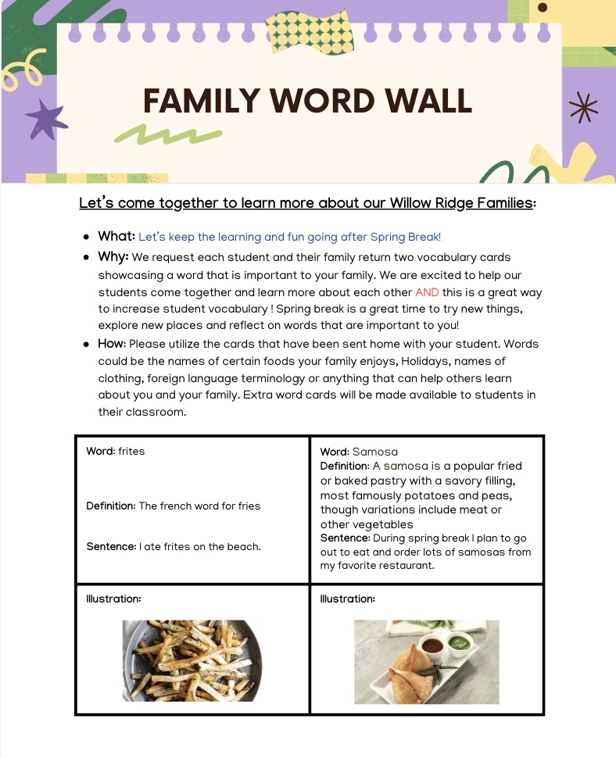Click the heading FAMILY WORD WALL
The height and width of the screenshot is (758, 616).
(308, 102)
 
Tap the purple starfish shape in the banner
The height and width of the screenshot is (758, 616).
(45, 119)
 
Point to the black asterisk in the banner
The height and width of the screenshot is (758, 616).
(582, 108)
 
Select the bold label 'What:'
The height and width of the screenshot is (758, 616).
(116, 236)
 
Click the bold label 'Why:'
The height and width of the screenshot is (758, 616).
(113, 256)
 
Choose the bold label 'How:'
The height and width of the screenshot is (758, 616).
(112, 344)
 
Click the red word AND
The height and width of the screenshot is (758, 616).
(427, 292)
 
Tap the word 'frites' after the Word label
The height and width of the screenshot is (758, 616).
(131, 451)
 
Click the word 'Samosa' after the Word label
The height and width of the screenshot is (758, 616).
(375, 452)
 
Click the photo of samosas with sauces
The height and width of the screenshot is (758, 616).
(426, 662)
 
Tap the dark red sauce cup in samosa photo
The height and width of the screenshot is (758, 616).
(431, 645)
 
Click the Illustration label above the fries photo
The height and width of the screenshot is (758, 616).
(113, 599)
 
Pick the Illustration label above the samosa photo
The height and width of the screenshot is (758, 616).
(348, 599)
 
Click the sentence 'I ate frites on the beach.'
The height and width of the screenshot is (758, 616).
(200, 547)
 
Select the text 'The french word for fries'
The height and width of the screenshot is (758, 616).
(199, 506)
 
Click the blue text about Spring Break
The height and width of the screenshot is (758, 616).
(289, 237)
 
